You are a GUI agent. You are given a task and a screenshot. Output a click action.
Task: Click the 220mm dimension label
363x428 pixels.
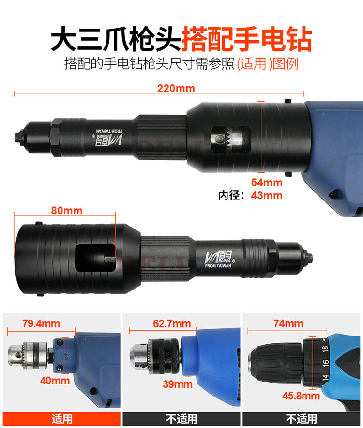[176, 89]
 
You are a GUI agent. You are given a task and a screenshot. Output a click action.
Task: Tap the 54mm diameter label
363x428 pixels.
[267, 183]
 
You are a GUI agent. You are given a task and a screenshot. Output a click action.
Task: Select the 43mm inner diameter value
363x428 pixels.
[267, 196]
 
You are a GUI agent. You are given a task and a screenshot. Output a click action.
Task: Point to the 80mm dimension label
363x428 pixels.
[67, 211]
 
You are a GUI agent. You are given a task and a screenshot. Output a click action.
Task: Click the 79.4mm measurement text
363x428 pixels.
[41, 324]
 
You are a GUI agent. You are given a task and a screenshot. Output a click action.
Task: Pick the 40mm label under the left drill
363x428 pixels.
[55, 381]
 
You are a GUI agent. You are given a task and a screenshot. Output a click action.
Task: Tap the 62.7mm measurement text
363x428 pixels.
[172, 324]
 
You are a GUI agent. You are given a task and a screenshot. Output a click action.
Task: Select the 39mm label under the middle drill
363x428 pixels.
[178, 384]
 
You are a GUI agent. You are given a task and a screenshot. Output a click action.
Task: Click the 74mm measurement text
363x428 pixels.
[288, 324]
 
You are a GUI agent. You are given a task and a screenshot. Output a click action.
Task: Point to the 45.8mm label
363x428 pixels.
[301, 396]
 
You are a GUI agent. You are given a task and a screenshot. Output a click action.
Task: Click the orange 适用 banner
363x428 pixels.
[61, 419]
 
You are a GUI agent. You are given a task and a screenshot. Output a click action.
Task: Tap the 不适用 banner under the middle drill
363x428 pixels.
[181, 419]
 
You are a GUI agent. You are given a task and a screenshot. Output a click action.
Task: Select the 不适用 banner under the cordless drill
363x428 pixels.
[302, 419]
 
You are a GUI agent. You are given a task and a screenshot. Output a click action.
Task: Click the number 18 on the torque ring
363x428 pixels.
[325, 349]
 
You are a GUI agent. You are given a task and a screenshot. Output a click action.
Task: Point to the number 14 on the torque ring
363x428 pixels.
[325, 378]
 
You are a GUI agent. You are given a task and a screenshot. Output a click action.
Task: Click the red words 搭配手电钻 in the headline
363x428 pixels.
[246, 39]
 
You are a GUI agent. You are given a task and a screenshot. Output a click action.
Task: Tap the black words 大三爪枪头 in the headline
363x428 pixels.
[116, 39]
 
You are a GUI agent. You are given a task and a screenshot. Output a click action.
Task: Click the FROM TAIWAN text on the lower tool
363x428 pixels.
[218, 266]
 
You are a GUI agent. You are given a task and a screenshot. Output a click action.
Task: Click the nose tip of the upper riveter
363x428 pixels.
[18, 136]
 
